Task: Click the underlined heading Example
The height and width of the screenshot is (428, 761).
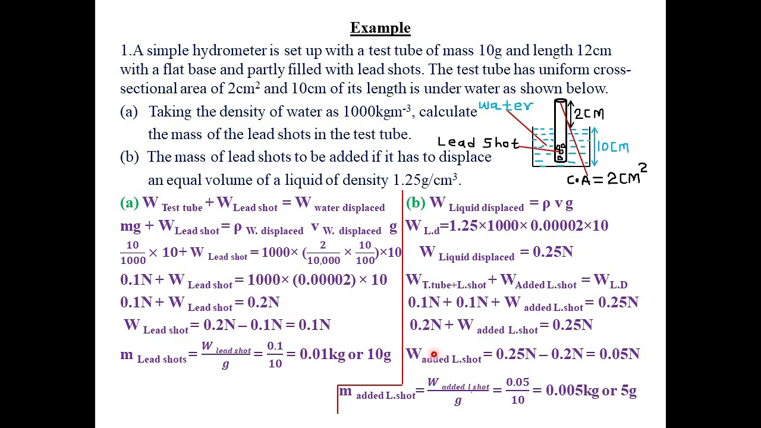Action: pos(380,28)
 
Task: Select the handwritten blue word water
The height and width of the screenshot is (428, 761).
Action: pos(506,106)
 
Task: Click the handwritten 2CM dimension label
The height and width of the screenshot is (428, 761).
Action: pos(589,114)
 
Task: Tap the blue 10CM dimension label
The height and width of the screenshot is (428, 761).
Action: pos(613,147)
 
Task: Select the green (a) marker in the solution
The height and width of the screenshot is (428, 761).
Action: pos(130,203)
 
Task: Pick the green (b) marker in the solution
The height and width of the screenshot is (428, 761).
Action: pos(416,203)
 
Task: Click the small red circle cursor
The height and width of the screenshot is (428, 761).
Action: pos(434,355)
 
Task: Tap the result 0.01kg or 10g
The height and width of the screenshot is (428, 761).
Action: pos(345,354)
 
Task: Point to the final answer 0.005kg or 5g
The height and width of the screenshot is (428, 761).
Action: pos(591,391)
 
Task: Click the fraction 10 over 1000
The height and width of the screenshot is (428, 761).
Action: pos(133,253)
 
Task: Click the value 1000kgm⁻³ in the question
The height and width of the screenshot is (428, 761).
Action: pos(377,111)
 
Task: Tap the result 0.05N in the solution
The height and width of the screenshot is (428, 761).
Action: pos(620,354)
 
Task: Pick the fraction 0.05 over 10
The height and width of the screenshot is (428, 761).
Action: pos(518,391)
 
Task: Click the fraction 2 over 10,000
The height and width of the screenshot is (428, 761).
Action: pos(323,253)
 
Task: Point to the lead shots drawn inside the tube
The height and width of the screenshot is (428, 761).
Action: pos(560,150)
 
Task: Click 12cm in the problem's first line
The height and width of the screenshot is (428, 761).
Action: pos(594,51)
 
